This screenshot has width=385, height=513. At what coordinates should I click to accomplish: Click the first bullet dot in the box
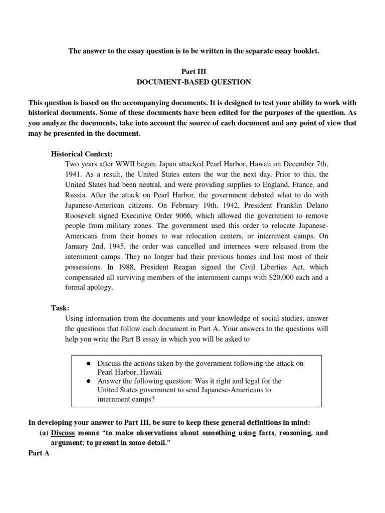pos(87,363)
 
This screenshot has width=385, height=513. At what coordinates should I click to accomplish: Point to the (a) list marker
pos(44,432)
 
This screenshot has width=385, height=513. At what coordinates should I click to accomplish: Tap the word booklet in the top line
pos(306,52)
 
